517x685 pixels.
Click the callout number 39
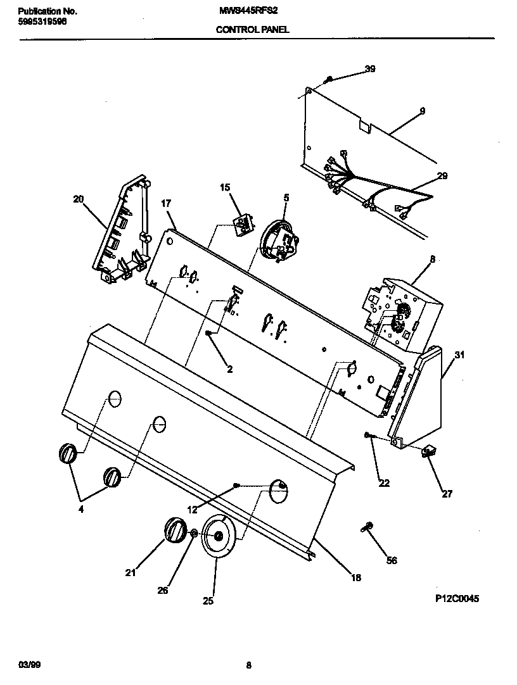(x=370, y=69)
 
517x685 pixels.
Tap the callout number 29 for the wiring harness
(x=442, y=176)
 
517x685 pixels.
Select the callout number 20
(x=78, y=199)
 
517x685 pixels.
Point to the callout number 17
(x=166, y=203)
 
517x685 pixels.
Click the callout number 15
(x=225, y=187)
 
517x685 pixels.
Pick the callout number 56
(x=392, y=560)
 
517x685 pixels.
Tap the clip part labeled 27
(x=429, y=451)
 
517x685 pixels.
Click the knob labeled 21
(x=175, y=529)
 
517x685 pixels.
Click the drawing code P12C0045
(x=457, y=597)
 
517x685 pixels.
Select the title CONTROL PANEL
(x=253, y=29)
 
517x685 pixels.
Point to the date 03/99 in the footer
(x=27, y=665)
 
